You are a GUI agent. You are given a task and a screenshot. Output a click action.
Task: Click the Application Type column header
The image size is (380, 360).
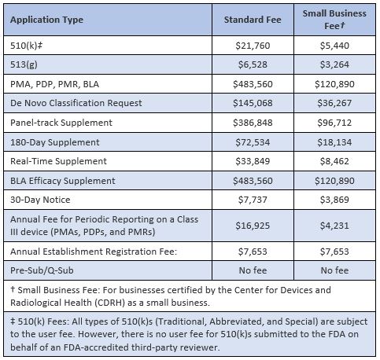46,20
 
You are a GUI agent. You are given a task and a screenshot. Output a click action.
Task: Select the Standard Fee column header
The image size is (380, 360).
253,20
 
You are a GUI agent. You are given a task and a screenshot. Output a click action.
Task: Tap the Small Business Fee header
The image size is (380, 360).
334,20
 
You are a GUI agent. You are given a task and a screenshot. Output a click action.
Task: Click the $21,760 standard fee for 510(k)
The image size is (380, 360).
253,46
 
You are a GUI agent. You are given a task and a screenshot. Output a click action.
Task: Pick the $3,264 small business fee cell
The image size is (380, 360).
334,64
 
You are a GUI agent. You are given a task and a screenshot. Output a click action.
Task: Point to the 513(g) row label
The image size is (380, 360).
24,64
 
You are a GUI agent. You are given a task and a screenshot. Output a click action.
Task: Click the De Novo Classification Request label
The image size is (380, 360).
76,103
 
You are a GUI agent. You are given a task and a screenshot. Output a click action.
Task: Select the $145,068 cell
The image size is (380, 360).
253,103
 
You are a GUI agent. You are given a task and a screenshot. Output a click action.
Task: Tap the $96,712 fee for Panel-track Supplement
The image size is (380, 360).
334,123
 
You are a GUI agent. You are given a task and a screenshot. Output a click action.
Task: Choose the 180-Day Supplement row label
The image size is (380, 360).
55,142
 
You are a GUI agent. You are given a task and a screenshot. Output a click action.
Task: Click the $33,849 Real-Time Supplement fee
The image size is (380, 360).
253,161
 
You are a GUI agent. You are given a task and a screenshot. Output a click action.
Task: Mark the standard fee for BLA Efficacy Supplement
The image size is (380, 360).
253,181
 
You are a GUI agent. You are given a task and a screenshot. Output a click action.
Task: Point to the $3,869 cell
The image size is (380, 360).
334,200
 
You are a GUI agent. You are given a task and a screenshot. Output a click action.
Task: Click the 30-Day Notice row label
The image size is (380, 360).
40,200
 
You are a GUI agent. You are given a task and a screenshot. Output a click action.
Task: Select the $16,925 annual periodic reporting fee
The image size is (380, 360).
253,226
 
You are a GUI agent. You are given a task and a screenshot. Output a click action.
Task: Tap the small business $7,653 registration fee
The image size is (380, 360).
334,252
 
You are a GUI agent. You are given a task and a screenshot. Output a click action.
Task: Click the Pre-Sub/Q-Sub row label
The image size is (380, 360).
42,270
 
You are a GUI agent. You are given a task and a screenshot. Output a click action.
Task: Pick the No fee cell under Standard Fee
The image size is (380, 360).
253,270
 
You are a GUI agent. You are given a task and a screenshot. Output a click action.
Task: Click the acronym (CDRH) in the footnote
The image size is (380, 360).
109,303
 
